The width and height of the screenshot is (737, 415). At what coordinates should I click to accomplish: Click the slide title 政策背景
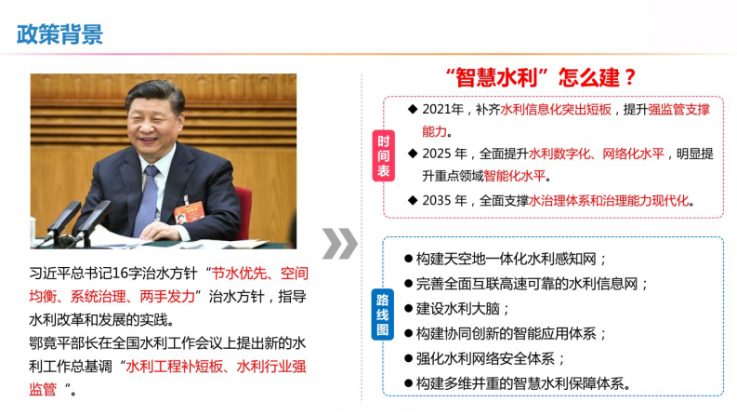click(x=60, y=34)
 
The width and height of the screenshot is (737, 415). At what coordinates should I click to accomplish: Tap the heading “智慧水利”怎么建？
click(x=541, y=76)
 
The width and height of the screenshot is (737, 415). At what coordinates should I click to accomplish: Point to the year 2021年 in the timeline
click(x=442, y=109)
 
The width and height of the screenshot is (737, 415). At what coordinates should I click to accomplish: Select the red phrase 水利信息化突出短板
click(x=556, y=109)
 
